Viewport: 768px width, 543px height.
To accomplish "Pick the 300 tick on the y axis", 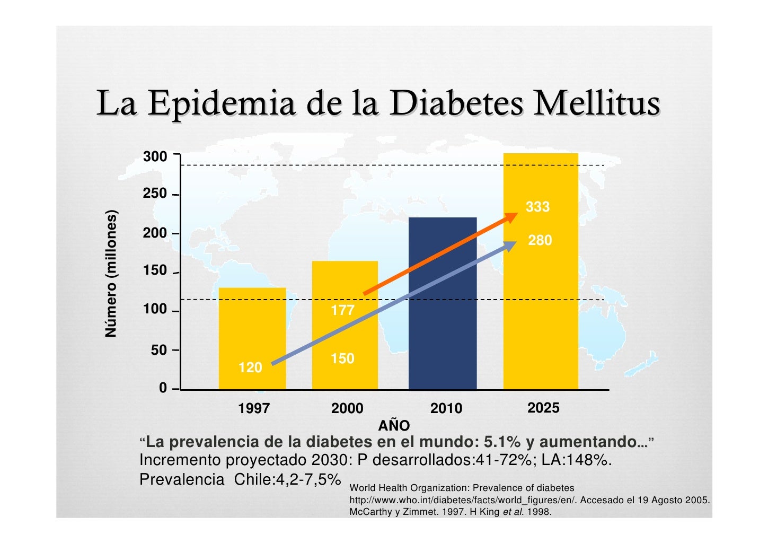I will point(155,157).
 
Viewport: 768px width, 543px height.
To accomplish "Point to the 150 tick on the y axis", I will point(155,271).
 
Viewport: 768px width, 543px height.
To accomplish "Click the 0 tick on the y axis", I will point(163,388).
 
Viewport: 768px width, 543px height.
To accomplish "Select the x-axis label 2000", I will point(347,408).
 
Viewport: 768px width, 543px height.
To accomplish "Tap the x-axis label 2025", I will point(543,408).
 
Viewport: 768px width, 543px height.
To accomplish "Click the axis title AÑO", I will point(394,425).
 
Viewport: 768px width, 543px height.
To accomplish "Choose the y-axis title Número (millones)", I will point(111,274).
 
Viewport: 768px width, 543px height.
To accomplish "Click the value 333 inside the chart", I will point(537,207).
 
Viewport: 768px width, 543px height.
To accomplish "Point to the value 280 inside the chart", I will point(540,241).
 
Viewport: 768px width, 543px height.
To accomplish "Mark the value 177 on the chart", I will point(342,310).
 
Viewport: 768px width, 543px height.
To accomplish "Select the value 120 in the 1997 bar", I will point(250,367).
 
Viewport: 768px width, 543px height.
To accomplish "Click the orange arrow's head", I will point(512,216).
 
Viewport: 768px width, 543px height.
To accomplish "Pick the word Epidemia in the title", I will point(221,104).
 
